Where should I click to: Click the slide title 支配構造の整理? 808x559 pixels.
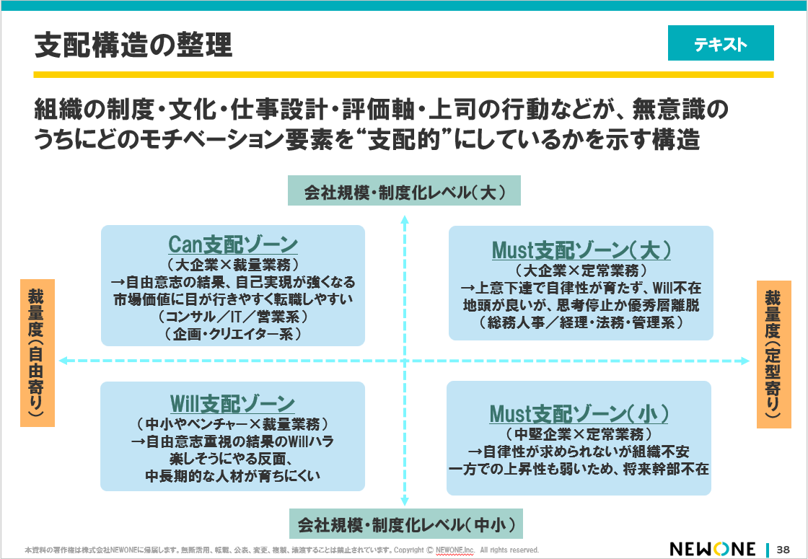point(133,45)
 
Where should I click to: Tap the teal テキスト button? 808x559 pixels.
point(720,45)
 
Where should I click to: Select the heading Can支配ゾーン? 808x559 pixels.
point(233,244)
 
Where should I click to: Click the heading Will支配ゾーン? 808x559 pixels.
point(232,402)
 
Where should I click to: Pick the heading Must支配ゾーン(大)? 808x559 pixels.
point(581,250)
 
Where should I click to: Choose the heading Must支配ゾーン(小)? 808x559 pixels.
point(579,414)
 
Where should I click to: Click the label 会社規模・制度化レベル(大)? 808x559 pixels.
point(404,192)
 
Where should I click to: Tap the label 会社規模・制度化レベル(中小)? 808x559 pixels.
point(405,523)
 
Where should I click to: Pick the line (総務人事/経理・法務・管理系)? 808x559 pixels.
point(581,323)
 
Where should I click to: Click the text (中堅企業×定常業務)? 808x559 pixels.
point(579,434)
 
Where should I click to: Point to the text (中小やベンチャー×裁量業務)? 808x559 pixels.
point(232,423)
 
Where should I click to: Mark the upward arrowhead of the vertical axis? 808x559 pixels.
point(405,217)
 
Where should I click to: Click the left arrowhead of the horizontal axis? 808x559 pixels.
point(63,360)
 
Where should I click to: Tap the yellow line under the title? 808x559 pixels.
point(403,74)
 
